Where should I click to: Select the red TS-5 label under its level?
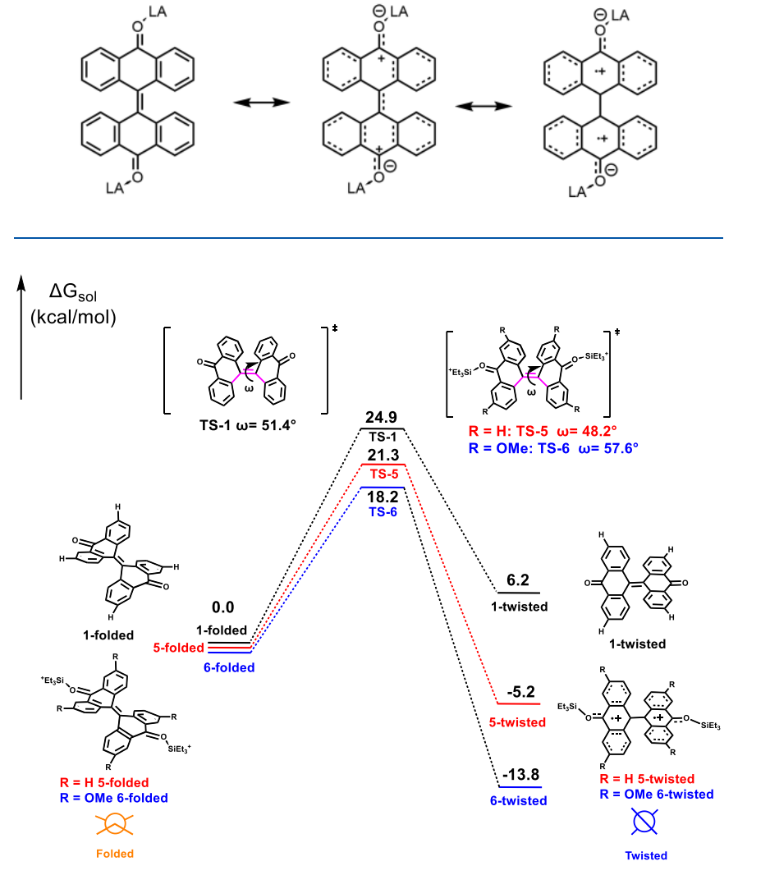coord(383,474)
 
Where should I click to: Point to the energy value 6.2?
coord(517,580)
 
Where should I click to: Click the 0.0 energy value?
coord(223,607)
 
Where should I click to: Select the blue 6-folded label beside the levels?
coord(229,667)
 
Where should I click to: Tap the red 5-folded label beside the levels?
coord(178,648)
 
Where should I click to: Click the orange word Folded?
coord(115,854)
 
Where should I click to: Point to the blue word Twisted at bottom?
coord(646,855)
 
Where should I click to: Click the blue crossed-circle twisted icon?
coord(646,821)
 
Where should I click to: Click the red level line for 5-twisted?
coord(517,704)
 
